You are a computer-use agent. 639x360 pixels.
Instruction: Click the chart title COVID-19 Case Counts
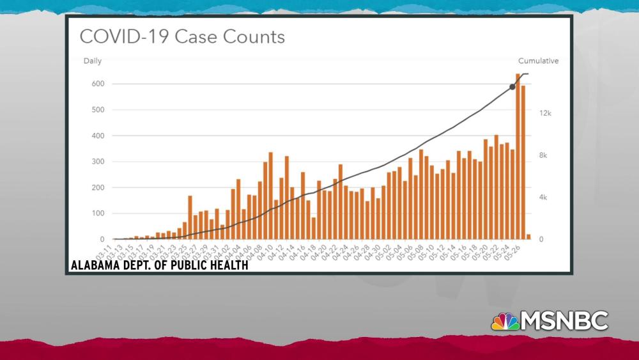pyautogui.click(x=182, y=36)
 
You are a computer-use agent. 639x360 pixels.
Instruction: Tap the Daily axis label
pyautogui.click(x=92, y=61)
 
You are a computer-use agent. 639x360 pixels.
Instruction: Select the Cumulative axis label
pyautogui.click(x=538, y=61)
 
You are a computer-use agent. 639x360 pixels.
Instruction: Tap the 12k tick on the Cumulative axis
pyautogui.click(x=528, y=113)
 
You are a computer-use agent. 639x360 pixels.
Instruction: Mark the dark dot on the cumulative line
pyautogui.click(x=512, y=86)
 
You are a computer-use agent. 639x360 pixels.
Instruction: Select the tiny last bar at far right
pyautogui.click(x=528, y=237)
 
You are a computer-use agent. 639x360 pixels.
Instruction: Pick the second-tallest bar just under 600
pyautogui.click(x=523, y=162)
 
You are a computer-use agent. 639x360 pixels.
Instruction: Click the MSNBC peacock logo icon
pyautogui.click(x=505, y=321)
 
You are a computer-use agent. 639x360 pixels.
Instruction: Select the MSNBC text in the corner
pyautogui.click(x=565, y=320)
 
